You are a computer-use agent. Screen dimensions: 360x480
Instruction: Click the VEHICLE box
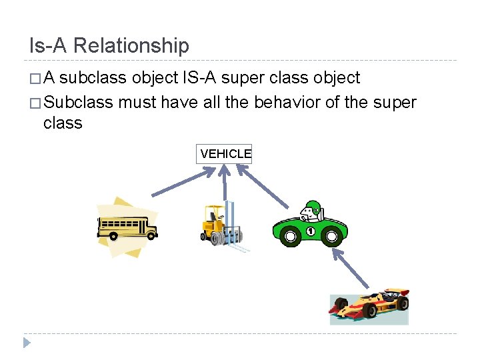coord(224,154)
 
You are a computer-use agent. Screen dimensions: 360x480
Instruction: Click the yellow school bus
coord(127,227)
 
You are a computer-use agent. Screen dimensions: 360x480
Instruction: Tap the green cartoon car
coord(309,225)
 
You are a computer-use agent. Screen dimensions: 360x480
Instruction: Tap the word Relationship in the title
coord(131,45)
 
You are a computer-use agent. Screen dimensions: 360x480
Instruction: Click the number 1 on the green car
coord(310,231)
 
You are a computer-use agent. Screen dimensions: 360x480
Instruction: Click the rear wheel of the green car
coord(291,236)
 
